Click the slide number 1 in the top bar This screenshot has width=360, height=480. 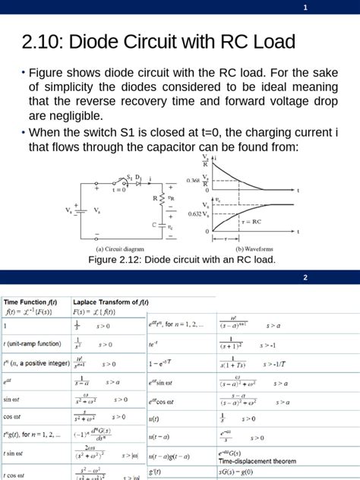tap(305, 8)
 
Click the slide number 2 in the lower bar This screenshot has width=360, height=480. tap(305, 278)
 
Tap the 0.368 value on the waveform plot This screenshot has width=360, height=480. tap(193, 181)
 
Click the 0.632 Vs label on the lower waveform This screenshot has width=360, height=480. tap(194, 216)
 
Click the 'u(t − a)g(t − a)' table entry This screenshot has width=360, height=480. tap(174, 457)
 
